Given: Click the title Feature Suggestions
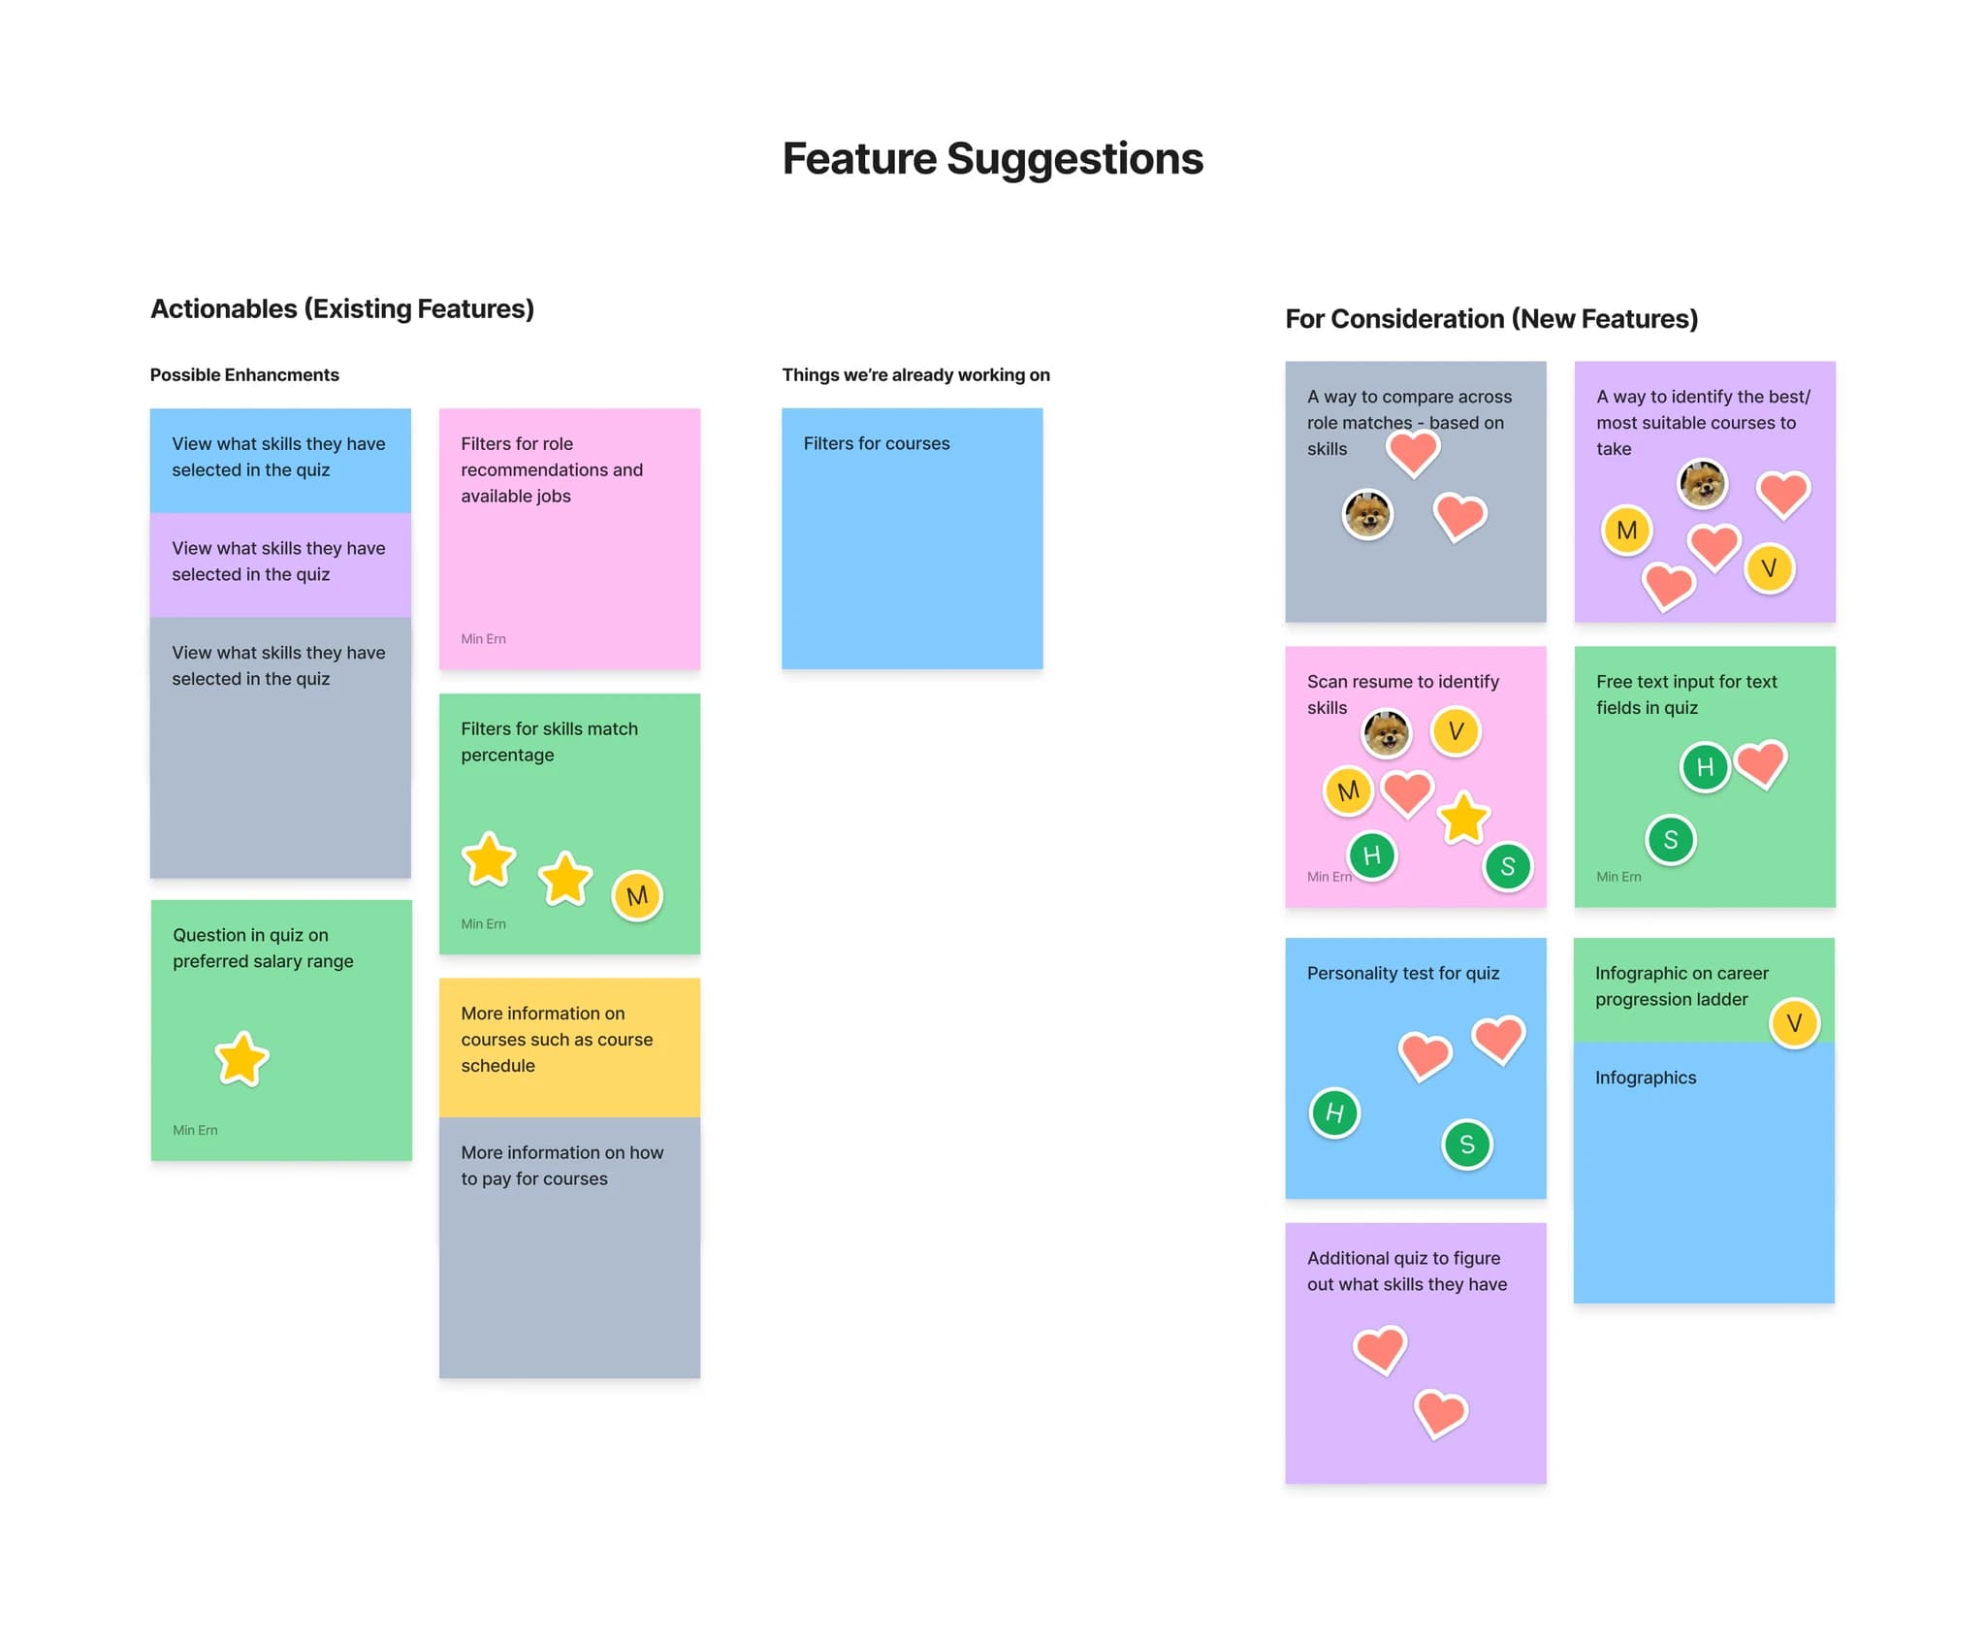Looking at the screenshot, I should pos(992,159).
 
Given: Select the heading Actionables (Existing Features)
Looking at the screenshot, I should pos(342,308).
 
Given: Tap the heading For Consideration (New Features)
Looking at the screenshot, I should pos(1490,319).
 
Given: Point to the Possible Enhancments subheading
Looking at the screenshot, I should pos(244,375).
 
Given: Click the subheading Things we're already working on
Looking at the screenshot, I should pos(915,375).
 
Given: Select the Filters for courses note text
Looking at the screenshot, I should pos(876,444).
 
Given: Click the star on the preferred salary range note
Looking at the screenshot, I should pos(241,1058).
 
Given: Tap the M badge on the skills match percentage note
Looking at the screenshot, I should pos(637,896).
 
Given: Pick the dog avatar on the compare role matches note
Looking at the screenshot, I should pos(1367,514).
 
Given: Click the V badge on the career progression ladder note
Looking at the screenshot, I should pos(1794,1023).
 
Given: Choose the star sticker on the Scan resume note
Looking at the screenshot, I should pos(1463,819).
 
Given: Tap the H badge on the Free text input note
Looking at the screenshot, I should pos(1705,768).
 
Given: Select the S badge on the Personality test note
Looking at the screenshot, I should pos(1467,1145).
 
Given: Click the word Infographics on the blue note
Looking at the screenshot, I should pos(1646,1079).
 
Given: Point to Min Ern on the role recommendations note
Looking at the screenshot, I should pos(483,639).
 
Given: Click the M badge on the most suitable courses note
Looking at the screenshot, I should pos(1626,531).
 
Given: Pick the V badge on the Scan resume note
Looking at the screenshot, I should pos(1456,731).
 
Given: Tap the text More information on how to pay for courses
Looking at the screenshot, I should pos(561,1166).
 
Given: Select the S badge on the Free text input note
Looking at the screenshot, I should pos(1670,840).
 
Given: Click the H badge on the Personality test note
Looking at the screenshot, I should pos(1334,1113).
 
